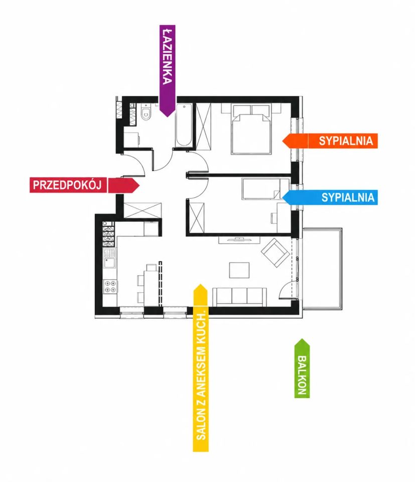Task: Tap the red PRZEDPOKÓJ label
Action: pos(67,185)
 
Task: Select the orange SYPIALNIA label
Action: pos(346,141)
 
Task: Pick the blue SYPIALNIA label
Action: pos(348,197)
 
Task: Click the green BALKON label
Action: pos(302,375)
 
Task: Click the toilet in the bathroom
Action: pos(146,111)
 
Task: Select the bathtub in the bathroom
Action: pos(184,126)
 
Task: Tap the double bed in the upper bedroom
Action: pos(251,129)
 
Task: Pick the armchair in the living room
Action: pos(275,253)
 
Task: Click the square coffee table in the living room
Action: pos(239,270)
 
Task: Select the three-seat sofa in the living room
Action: pos(239,297)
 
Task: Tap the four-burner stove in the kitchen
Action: pos(110,286)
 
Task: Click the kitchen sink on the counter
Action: pos(109,263)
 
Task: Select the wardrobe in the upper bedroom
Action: pos(203,127)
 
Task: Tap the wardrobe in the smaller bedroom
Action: pos(197,217)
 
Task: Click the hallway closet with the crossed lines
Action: pos(142,210)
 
